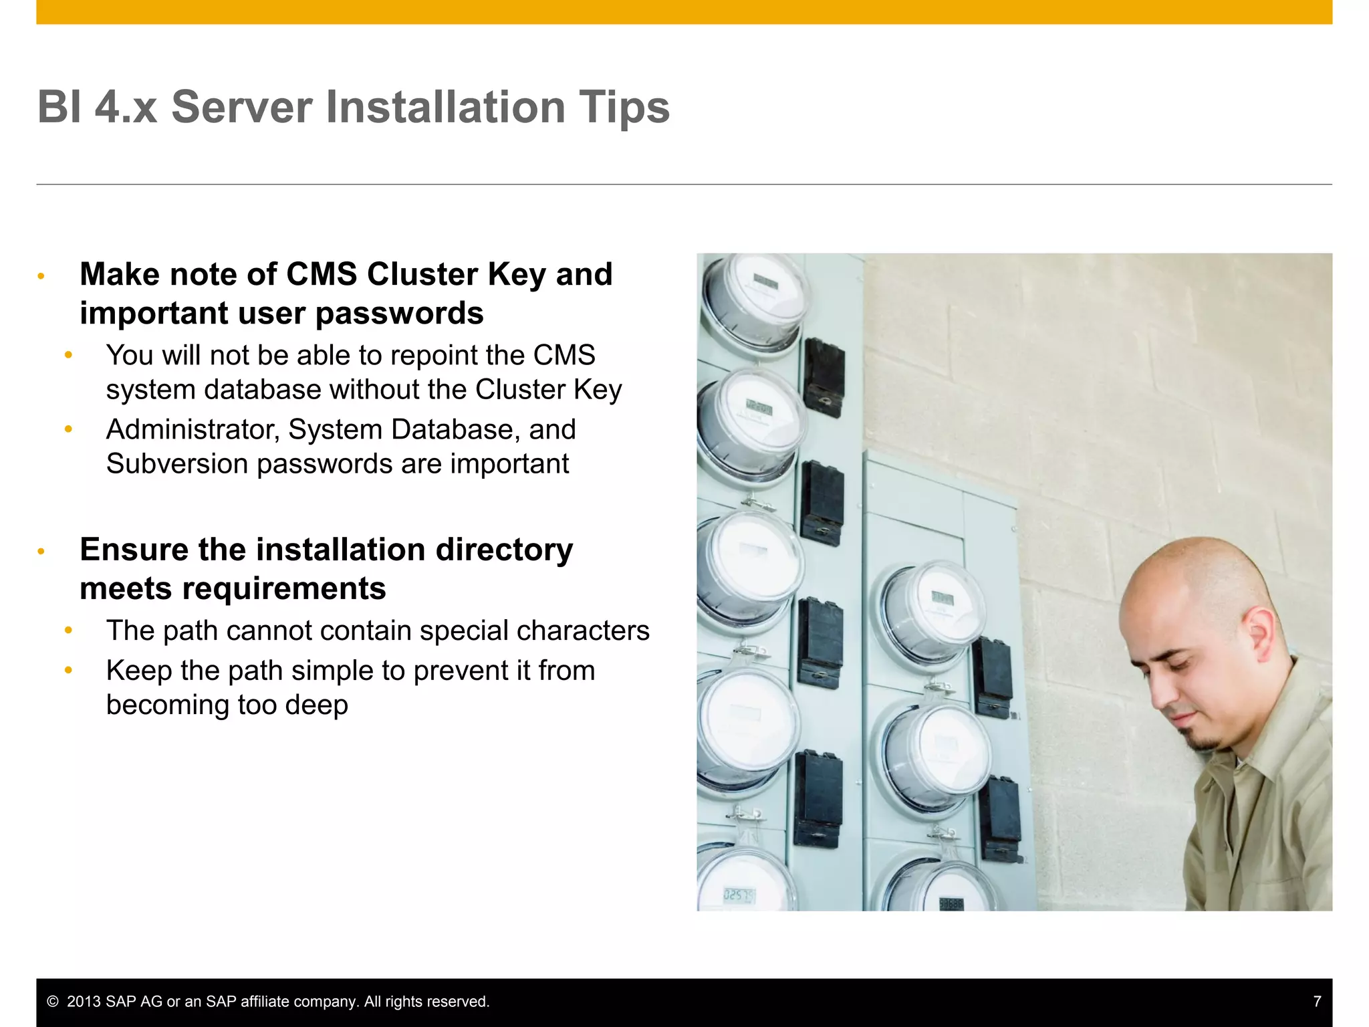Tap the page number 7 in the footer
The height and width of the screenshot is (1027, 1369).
tap(1317, 1002)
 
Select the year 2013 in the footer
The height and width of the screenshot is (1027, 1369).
tap(84, 1002)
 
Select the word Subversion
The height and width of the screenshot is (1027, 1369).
tap(176, 464)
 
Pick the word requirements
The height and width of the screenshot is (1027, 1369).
tap(283, 589)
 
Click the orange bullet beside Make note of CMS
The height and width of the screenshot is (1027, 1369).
tap(41, 276)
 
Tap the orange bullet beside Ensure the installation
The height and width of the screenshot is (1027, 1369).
tap(41, 552)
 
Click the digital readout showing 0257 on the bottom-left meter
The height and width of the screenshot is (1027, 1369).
tap(739, 895)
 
